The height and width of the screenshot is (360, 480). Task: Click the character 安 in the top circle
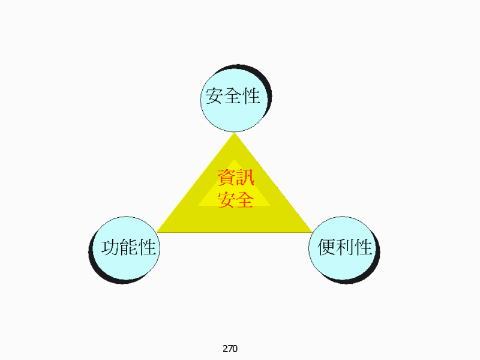coord(214,96)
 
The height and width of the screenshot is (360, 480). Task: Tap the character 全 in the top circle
coord(233,96)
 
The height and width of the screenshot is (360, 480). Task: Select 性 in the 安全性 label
coord(251,96)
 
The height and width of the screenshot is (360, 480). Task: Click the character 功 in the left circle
coord(110,247)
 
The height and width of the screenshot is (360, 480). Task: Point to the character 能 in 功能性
coord(128,247)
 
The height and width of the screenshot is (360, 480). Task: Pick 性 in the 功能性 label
coord(147,247)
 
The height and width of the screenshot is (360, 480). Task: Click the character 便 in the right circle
coord(326,247)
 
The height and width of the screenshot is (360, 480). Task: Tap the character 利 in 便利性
coord(345,247)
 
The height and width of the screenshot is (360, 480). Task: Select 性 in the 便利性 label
coord(364,247)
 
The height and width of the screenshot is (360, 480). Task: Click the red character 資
coord(227,178)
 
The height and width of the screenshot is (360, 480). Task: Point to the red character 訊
coord(245,178)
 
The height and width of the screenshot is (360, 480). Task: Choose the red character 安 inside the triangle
coord(227,200)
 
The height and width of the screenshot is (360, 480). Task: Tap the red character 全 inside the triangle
coord(245,200)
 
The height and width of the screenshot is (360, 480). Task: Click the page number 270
coord(230,349)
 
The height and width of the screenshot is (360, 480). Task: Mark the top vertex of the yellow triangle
coord(235,133)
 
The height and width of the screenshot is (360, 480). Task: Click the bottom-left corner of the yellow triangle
coord(157,232)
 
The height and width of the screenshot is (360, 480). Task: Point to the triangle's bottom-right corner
coord(312,232)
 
